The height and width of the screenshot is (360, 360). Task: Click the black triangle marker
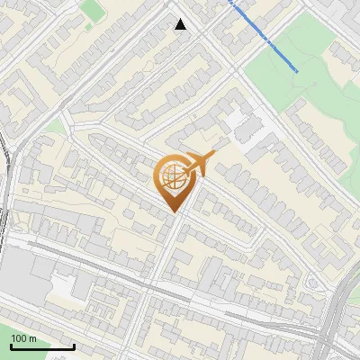coord(181,24)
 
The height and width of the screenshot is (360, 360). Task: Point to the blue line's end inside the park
coord(298,70)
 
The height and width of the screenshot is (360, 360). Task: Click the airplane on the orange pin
coord(198,164)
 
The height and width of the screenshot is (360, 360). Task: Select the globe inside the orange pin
coord(175,177)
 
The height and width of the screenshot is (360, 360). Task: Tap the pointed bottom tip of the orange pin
coord(175,213)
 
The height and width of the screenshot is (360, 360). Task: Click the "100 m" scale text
coord(25,338)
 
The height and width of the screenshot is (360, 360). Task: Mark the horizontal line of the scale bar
coord(42,347)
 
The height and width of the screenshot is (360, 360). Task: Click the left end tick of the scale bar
coord(11,345)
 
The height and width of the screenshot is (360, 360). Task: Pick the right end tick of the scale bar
coord(74,345)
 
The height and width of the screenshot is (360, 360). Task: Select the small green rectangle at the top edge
coord(91,9)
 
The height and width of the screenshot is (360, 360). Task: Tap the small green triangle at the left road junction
coord(56,126)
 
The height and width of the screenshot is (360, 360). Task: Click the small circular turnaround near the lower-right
coord(311,284)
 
